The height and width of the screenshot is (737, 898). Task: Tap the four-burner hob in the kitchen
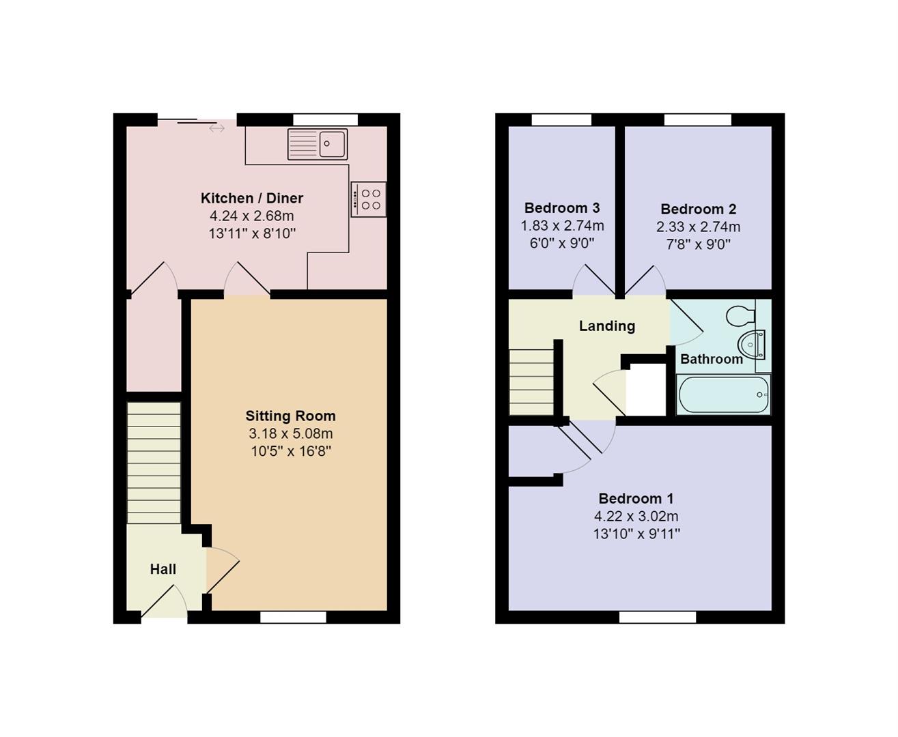pos(369,199)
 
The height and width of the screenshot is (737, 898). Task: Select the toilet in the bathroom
pos(741,317)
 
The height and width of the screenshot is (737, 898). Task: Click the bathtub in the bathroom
pos(723,394)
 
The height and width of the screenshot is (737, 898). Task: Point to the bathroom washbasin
pos(752,344)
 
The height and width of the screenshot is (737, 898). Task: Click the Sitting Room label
pos(290,416)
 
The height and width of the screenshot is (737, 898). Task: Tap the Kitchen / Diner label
pos(251,198)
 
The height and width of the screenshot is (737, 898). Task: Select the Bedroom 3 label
pos(562,207)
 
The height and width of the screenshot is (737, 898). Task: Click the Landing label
pos(607,326)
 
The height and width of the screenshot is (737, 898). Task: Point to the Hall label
pos(163,569)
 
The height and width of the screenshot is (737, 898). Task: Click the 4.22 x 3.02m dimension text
pos(636,516)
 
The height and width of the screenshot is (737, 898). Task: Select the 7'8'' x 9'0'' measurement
pos(699,244)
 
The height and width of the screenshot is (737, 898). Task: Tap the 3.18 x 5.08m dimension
pos(291,433)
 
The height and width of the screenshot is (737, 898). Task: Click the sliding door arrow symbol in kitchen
pos(216,128)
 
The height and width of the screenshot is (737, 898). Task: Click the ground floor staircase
pos(154,463)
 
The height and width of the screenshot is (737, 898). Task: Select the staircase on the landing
pos(531,382)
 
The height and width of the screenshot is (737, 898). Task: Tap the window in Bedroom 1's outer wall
pos(658,617)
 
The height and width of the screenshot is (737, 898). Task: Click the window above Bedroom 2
pos(698,119)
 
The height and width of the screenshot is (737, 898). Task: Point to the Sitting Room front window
pos(293,617)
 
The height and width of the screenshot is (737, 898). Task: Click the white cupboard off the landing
pos(645,390)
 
